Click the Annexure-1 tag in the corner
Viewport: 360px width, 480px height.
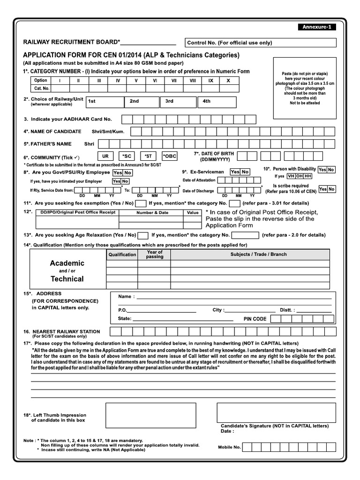316,27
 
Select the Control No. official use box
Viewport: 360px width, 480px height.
261,43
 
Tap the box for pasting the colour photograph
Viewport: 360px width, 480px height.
305,88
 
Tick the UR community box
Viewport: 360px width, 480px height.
105,156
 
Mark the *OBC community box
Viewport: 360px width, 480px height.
170,156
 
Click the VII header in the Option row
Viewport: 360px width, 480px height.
173,81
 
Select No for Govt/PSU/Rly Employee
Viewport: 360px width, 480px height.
127,173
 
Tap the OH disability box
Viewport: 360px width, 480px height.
299,176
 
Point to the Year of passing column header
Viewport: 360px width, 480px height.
154,255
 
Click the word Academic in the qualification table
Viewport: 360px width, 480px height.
67,263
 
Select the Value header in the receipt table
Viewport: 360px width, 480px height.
193,212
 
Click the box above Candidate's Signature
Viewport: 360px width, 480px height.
276,412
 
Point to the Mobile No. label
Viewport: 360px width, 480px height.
229,447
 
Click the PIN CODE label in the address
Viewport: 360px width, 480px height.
255,319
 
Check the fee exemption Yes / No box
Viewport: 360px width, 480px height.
140,203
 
